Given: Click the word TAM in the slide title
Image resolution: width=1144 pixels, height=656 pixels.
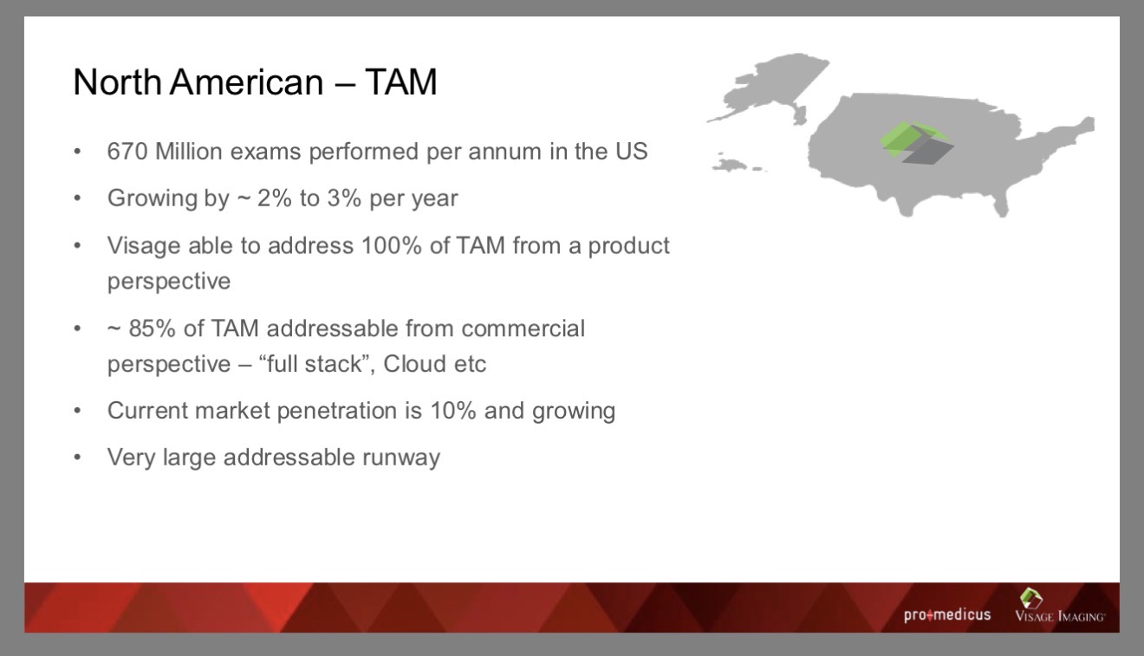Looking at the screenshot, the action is tap(401, 81).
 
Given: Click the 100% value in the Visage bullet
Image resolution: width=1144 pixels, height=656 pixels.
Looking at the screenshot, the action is tap(392, 245).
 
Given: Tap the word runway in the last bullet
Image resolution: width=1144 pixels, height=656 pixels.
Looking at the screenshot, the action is tap(401, 458).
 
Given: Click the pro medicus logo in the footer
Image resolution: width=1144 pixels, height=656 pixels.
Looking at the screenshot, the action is tap(947, 614).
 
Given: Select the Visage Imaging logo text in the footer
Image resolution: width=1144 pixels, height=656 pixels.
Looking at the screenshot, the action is tap(1060, 616).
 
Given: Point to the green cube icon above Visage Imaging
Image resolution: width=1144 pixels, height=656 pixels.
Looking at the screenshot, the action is tap(1031, 598).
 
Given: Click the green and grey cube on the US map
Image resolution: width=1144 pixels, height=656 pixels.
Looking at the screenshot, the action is tap(917, 142).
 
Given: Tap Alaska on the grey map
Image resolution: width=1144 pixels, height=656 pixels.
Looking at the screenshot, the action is tap(771, 87).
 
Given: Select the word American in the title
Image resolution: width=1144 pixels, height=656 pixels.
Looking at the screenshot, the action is tap(247, 81).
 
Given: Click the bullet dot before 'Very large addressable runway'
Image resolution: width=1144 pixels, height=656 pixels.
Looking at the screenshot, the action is tap(78, 457).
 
